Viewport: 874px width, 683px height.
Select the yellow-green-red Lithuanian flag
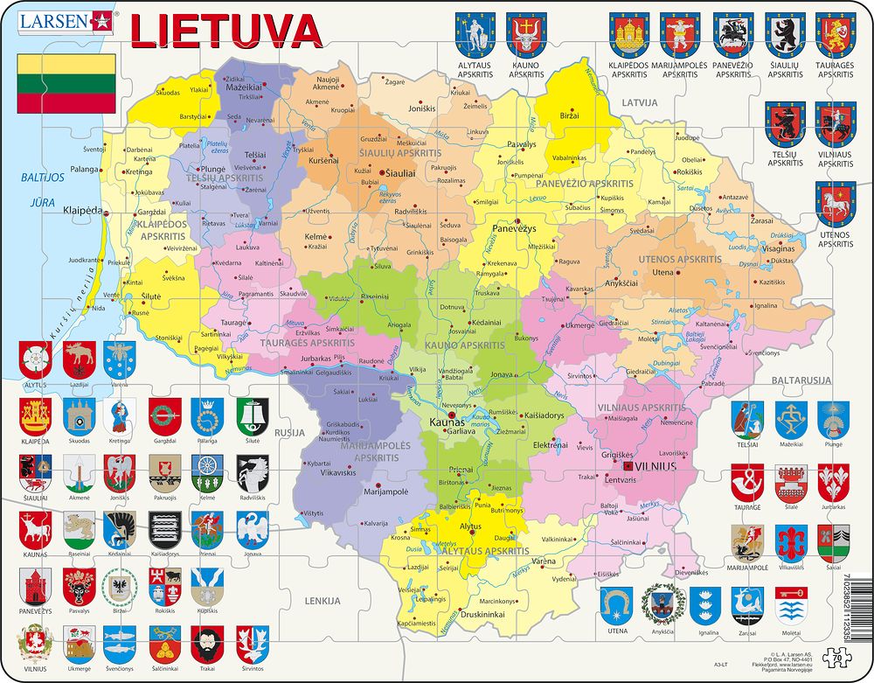[68, 82]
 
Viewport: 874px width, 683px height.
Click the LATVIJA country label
[639, 103]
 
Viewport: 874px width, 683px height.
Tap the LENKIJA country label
[323, 602]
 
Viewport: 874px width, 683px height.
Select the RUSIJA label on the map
[288, 432]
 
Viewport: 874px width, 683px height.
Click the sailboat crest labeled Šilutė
[253, 415]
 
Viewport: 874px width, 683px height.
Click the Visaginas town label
[777, 247]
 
